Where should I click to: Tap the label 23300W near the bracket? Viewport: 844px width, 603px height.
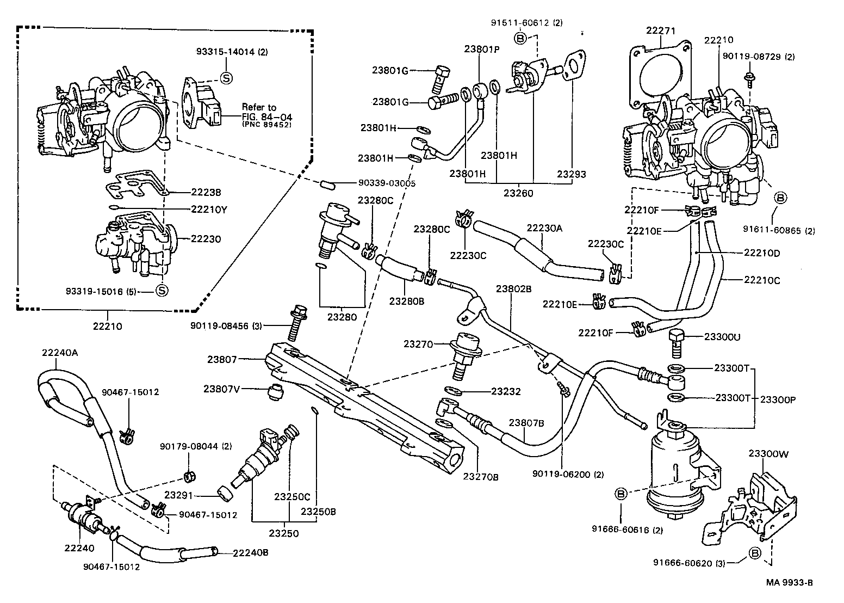[x=766, y=453]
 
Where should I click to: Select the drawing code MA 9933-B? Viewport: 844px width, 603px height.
[x=789, y=583]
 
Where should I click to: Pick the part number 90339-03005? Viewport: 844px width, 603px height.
[x=387, y=184]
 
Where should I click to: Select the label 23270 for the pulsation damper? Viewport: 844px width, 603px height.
[x=417, y=344]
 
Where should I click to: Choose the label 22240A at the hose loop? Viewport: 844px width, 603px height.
[x=60, y=352]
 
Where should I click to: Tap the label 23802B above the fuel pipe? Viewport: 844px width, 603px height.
[x=513, y=288]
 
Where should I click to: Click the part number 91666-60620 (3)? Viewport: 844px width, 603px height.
[x=689, y=562]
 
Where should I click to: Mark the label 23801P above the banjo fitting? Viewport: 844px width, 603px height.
[x=481, y=48]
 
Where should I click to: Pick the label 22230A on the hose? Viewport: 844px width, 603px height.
[x=544, y=229]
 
